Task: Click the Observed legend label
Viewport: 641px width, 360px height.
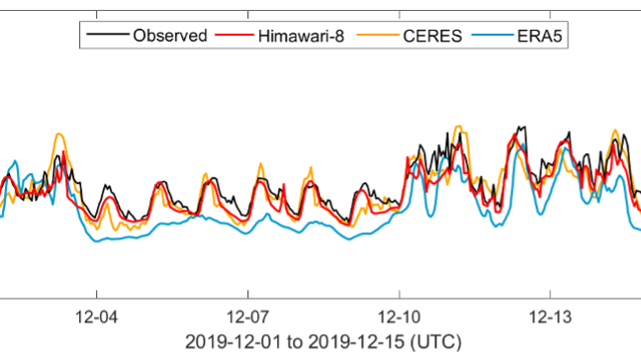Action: tap(169, 36)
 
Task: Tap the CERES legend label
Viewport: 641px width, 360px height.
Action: tap(432, 36)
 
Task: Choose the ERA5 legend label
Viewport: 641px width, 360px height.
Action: tap(540, 36)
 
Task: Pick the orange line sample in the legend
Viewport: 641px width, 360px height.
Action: tap(384, 36)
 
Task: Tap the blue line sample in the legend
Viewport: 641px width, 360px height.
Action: tap(492, 36)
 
